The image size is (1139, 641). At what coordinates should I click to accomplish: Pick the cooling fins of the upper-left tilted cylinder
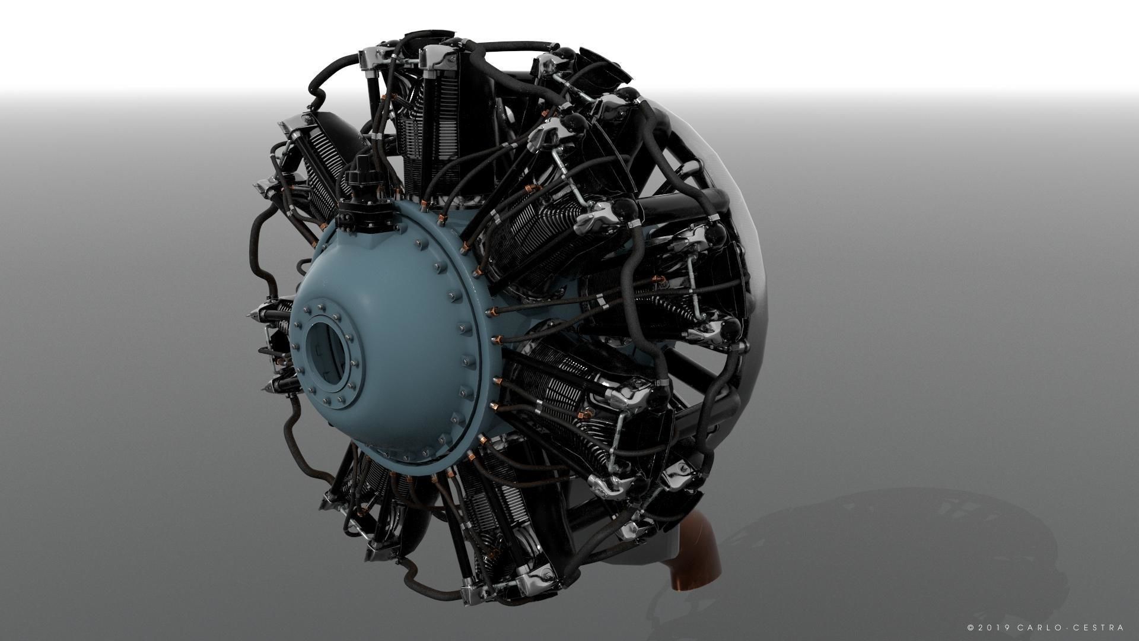(320, 172)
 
